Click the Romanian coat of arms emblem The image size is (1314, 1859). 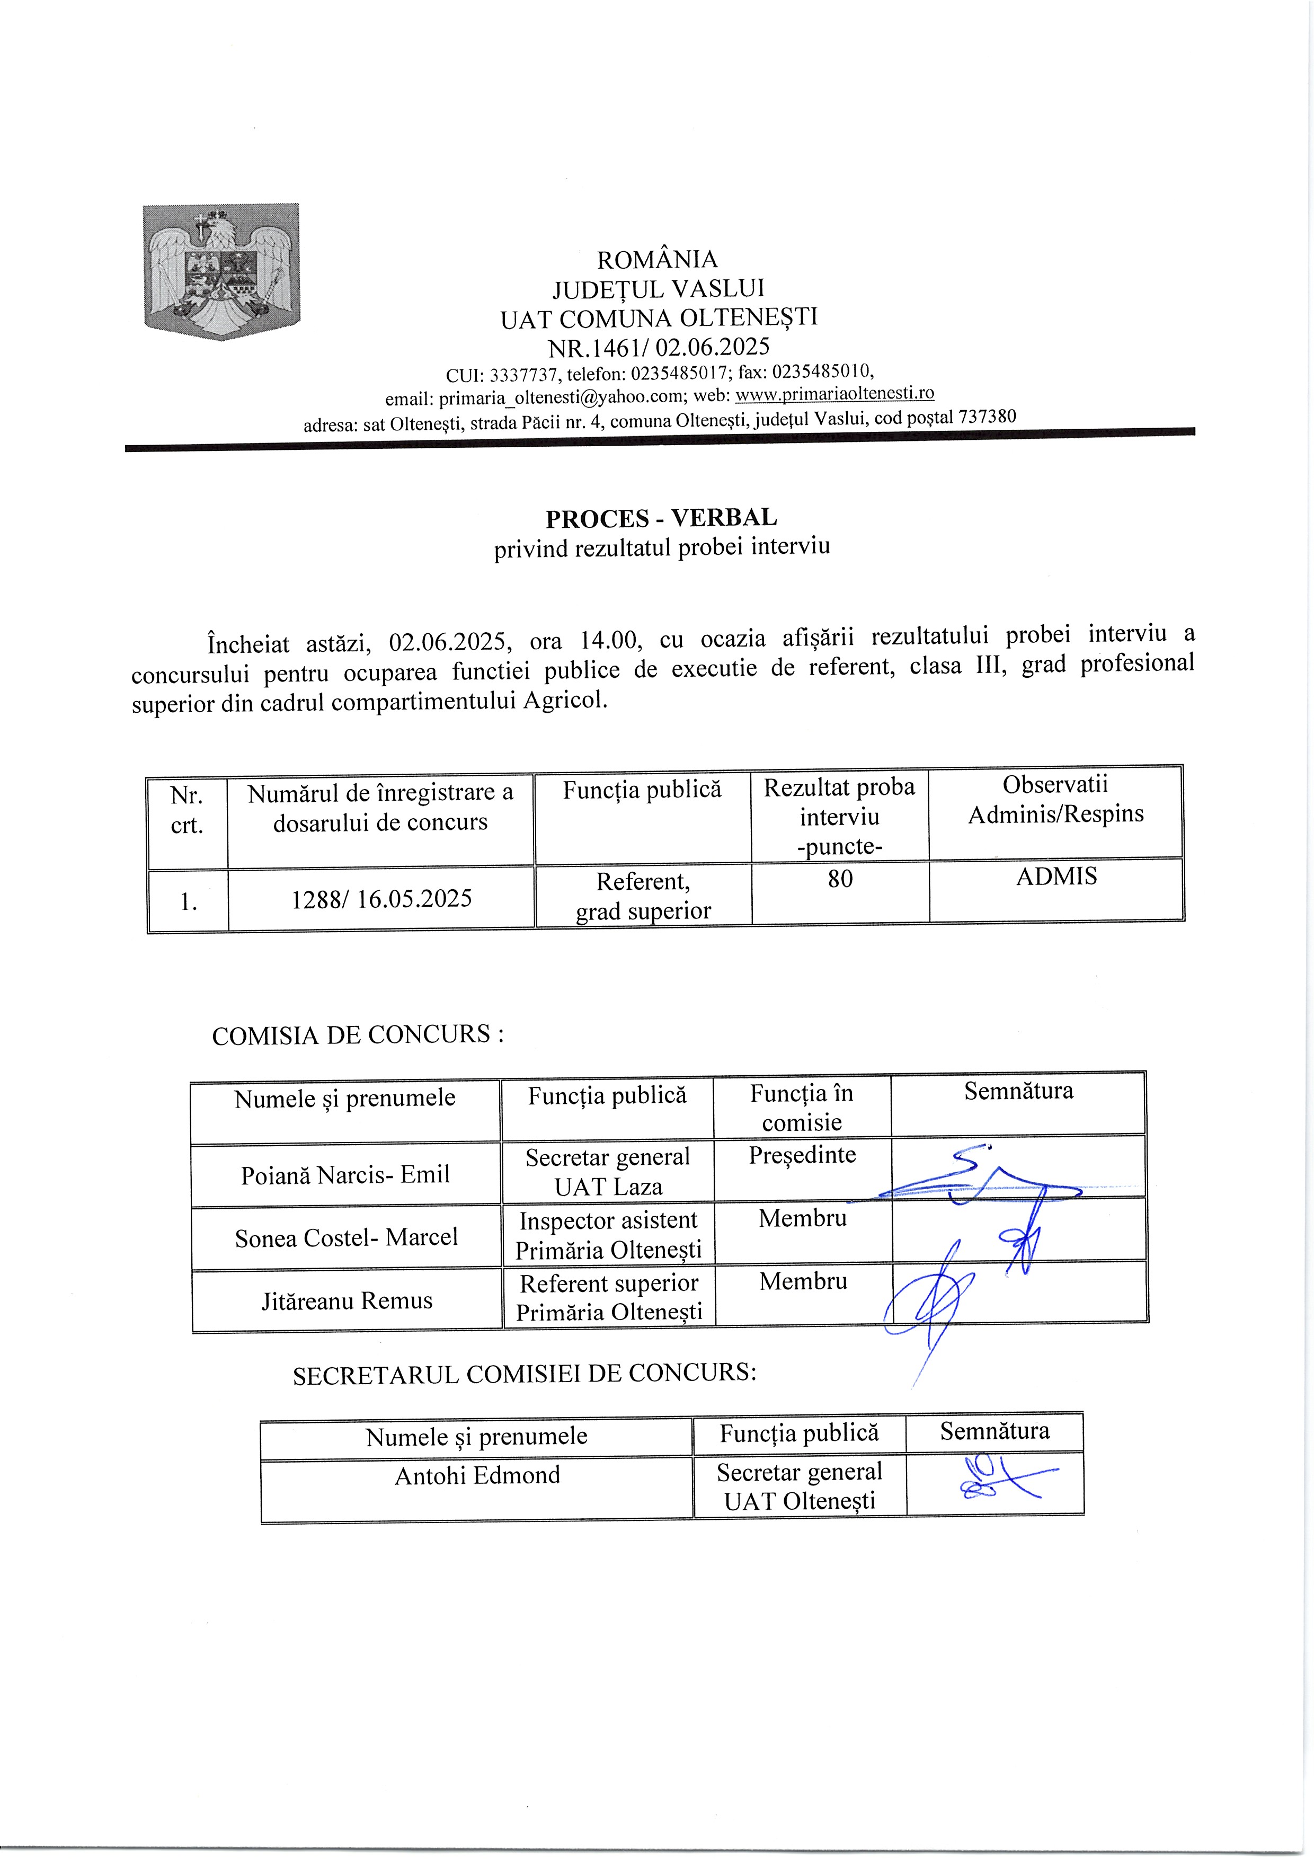click(221, 271)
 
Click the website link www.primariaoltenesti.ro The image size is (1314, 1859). click(834, 394)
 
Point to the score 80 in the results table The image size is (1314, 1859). click(840, 879)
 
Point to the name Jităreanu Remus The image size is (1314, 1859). click(347, 1301)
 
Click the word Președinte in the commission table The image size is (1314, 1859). click(802, 1155)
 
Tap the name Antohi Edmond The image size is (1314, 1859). click(477, 1475)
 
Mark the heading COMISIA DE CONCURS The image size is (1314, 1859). click(357, 1035)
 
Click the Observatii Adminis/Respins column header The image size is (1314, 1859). click(1056, 799)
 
